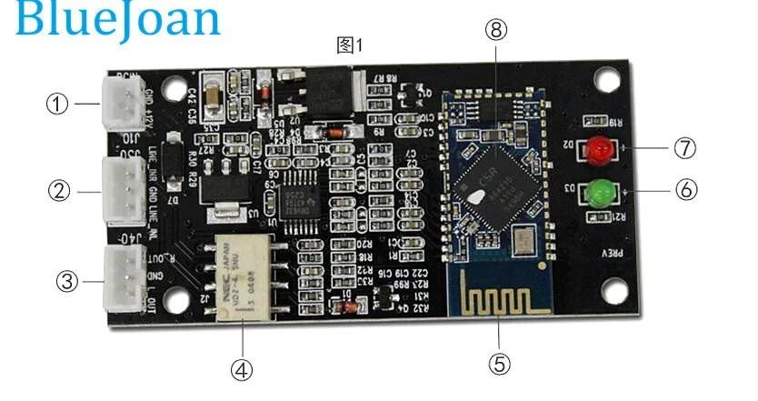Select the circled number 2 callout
click(x=59, y=191)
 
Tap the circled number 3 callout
click(x=66, y=281)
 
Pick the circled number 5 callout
click(x=499, y=364)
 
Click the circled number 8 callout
click(x=495, y=30)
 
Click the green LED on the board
click(x=597, y=192)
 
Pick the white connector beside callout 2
click(x=119, y=191)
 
